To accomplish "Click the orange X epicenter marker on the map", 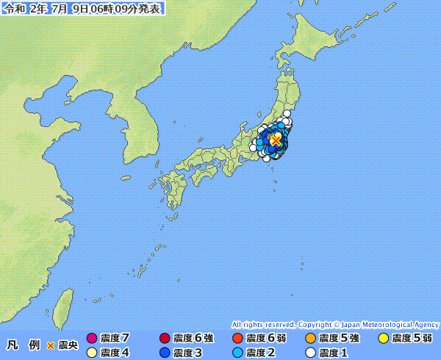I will [x=276, y=140].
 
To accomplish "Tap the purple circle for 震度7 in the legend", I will [x=92, y=339].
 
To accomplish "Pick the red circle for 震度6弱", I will [x=237, y=339].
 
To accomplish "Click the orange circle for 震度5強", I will [x=309, y=339].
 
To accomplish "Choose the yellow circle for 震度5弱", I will [x=383, y=339].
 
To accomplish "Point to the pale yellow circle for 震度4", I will [x=92, y=353].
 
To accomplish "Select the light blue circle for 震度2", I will [x=237, y=353].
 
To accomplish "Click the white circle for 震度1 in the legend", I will [x=309, y=353].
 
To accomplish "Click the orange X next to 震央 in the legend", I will [x=50, y=345].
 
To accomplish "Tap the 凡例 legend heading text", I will [x=23, y=345].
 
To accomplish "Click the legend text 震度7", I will [x=115, y=339].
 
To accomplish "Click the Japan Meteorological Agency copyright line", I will [x=335, y=324].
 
